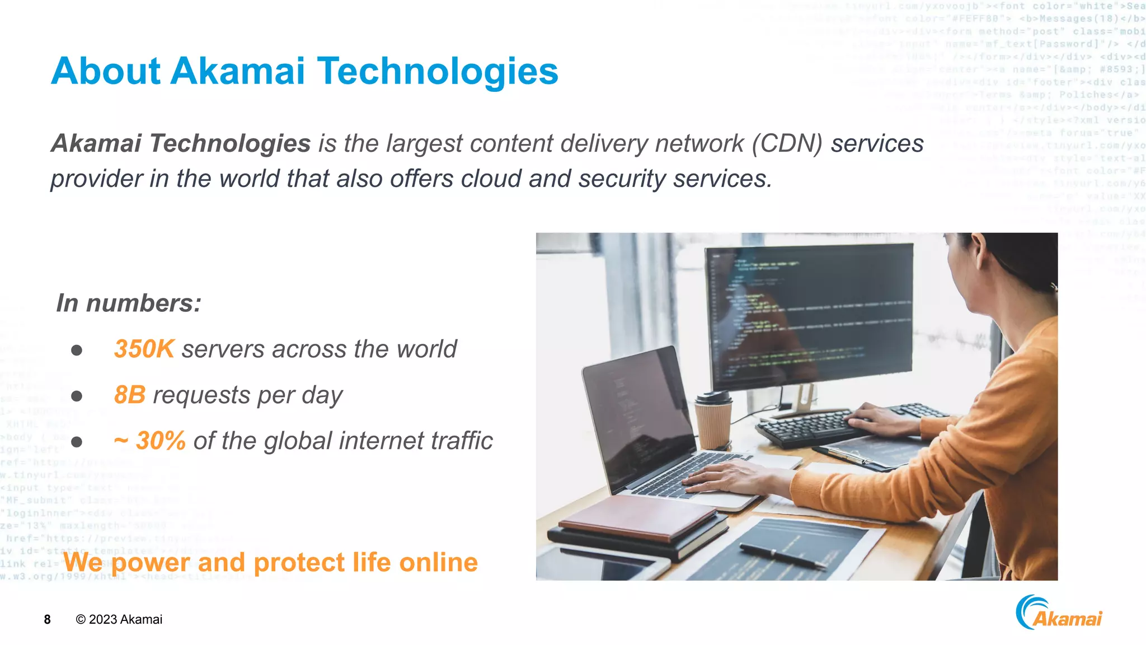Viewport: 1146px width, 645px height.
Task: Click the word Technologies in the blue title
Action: click(438, 72)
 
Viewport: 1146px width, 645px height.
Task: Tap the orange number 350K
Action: click(144, 349)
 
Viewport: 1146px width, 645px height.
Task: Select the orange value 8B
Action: click(129, 395)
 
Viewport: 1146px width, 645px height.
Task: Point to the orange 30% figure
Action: click(160, 441)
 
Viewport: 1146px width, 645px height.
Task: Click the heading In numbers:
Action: click(129, 303)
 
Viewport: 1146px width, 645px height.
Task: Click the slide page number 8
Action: click(48, 619)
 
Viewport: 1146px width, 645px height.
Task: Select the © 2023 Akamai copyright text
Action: click(119, 619)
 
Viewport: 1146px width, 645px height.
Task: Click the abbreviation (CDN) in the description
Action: click(787, 144)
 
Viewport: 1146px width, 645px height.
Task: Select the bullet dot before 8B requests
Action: click(77, 396)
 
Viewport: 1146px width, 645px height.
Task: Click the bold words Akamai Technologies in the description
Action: click(181, 144)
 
